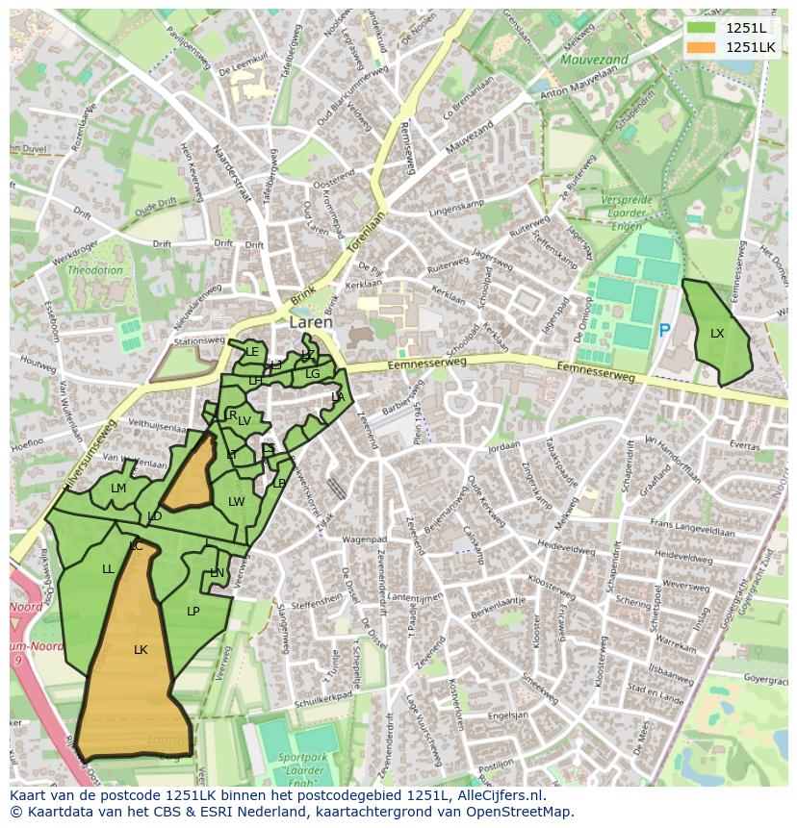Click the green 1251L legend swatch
click(x=702, y=27)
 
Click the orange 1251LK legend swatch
click(x=702, y=47)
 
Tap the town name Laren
click(x=311, y=323)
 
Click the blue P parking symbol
click(x=664, y=331)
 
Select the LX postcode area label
click(x=717, y=334)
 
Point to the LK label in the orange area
click(x=141, y=650)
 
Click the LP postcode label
click(x=193, y=612)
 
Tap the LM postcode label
click(x=118, y=489)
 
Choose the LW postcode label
click(x=236, y=502)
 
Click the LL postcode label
click(x=108, y=569)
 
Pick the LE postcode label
click(x=252, y=352)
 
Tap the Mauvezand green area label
click(x=594, y=60)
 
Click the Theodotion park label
click(x=94, y=270)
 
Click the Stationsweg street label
click(x=199, y=340)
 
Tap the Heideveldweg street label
click(x=565, y=545)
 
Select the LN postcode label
click(x=217, y=573)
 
